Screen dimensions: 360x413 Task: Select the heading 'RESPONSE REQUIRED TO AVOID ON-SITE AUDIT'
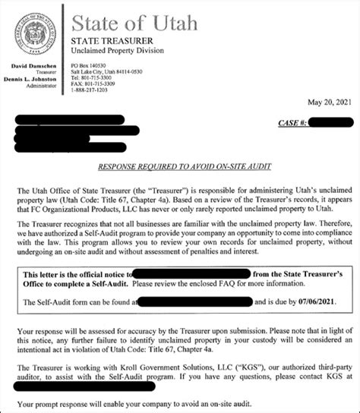(x=180, y=165)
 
